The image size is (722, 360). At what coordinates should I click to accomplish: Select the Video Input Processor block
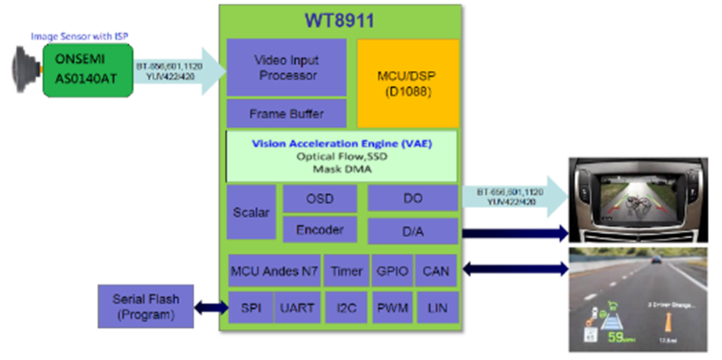(287, 67)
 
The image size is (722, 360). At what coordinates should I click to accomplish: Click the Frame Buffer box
(287, 114)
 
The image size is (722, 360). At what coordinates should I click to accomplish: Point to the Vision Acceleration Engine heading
(340, 143)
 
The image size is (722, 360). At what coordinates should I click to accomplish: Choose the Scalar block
(251, 212)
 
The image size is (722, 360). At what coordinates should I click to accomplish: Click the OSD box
(320, 198)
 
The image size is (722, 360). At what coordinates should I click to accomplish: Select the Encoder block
(320, 229)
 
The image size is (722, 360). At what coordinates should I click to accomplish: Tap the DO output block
(413, 198)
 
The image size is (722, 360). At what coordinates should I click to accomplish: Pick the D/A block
(413, 230)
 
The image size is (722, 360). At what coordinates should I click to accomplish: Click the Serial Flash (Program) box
(145, 306)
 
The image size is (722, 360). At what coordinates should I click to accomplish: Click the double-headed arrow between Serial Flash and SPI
(210, 308)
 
